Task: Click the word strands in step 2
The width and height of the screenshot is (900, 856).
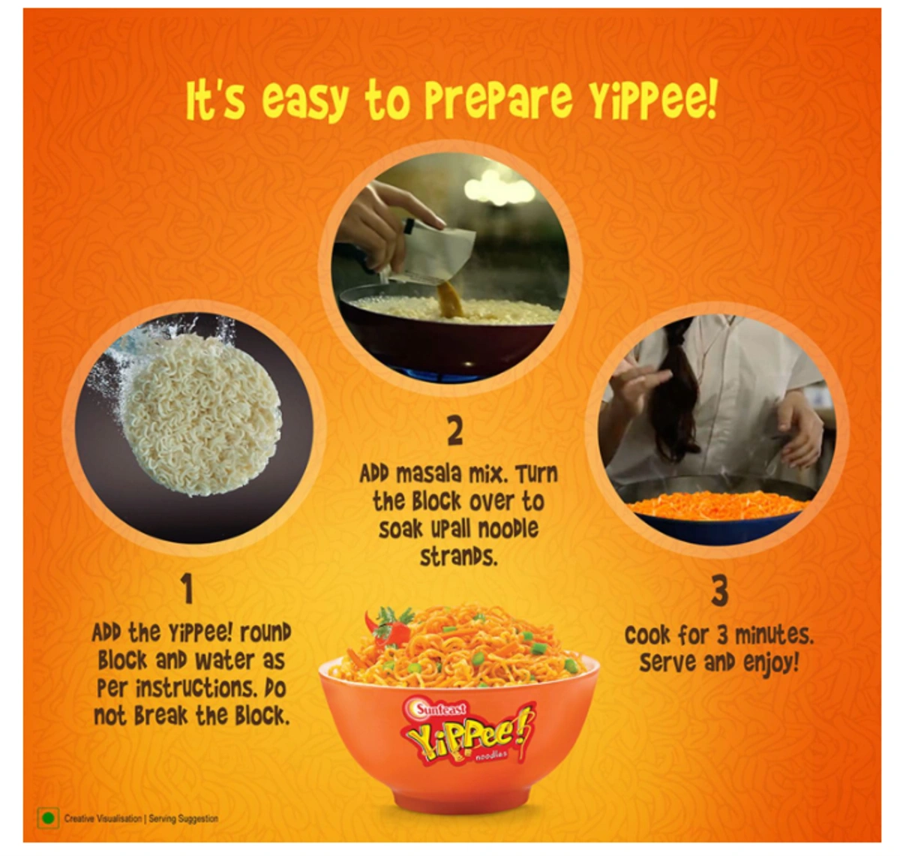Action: click(x=458, y=557)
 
